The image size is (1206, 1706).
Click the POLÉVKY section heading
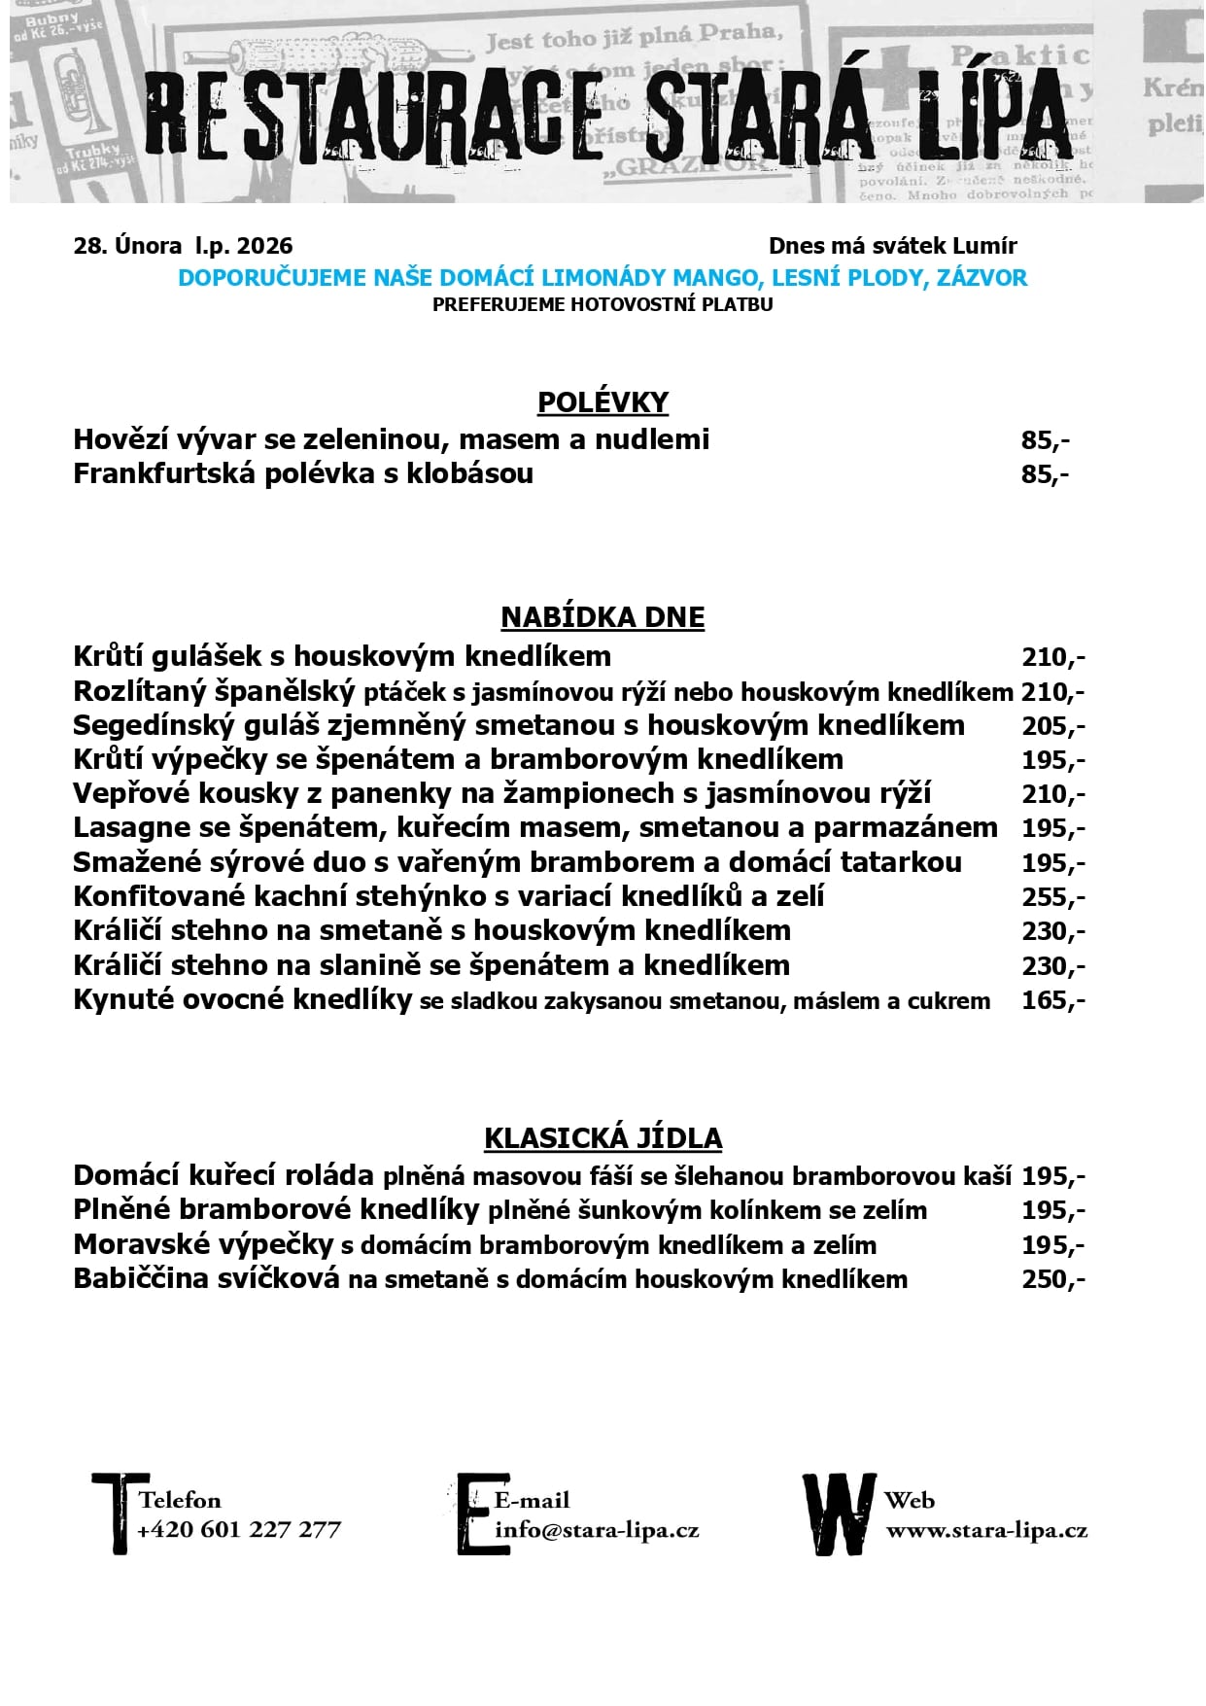tap(603, 402)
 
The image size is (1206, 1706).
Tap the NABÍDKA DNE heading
tap(603, 617)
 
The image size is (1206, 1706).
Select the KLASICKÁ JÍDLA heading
tap(603, 1138)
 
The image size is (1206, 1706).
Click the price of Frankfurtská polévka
tap(1045, 474)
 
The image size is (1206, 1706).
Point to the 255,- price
tap(1052, 897)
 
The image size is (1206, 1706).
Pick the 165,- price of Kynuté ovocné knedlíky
tap(1052, 1000)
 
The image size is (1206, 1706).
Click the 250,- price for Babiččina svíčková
tap(1052, 1279)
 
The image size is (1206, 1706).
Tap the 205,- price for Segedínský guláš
tap(1052, 726)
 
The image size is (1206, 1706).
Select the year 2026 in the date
tap(264, 246)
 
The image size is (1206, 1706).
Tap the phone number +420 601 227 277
tap(239, 1530)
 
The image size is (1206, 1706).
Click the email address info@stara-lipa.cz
tap(597, 1530)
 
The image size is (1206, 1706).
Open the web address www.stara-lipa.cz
tap(986, 1530)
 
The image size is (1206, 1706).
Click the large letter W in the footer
tap(838, 1515)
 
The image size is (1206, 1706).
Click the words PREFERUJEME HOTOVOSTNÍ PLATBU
tap(603, 304)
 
